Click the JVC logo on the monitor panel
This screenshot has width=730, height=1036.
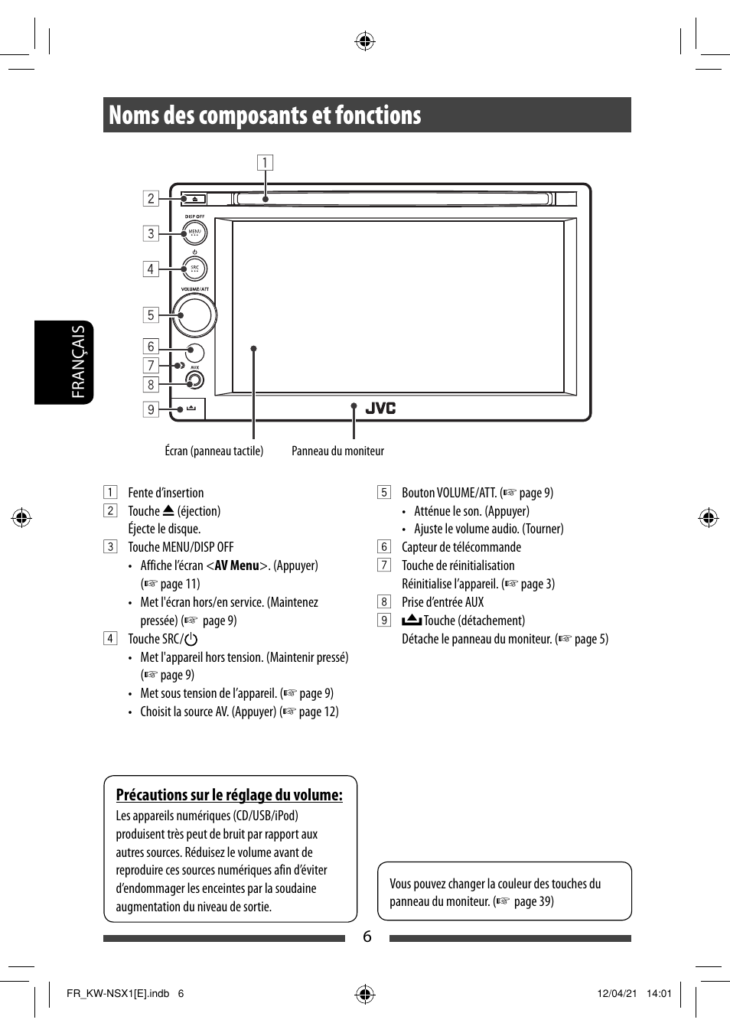click(380, 408)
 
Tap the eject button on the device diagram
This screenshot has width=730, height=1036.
click(194, 199)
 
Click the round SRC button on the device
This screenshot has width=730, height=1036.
click(194, 269)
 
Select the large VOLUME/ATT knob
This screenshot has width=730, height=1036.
click(194, 314)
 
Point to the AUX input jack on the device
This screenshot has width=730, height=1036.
click(194, 380)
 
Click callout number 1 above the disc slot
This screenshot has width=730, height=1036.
click(265, 162)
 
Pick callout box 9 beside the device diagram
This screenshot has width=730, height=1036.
click(151, 409)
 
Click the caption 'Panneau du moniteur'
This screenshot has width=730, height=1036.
click(337, 451)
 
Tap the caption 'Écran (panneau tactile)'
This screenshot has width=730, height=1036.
click(214, 451)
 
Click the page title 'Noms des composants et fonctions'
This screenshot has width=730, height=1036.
click(265, 116)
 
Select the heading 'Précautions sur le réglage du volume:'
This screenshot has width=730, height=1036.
click(229, 795)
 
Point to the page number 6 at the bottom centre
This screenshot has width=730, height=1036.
click(367, 937)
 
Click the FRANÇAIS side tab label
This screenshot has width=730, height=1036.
click(77, 362)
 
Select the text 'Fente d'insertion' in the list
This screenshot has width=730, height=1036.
click(166, 493)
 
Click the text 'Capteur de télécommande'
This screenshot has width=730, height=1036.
click(461, 547)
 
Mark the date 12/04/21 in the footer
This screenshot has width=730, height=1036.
click(617, 994)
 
